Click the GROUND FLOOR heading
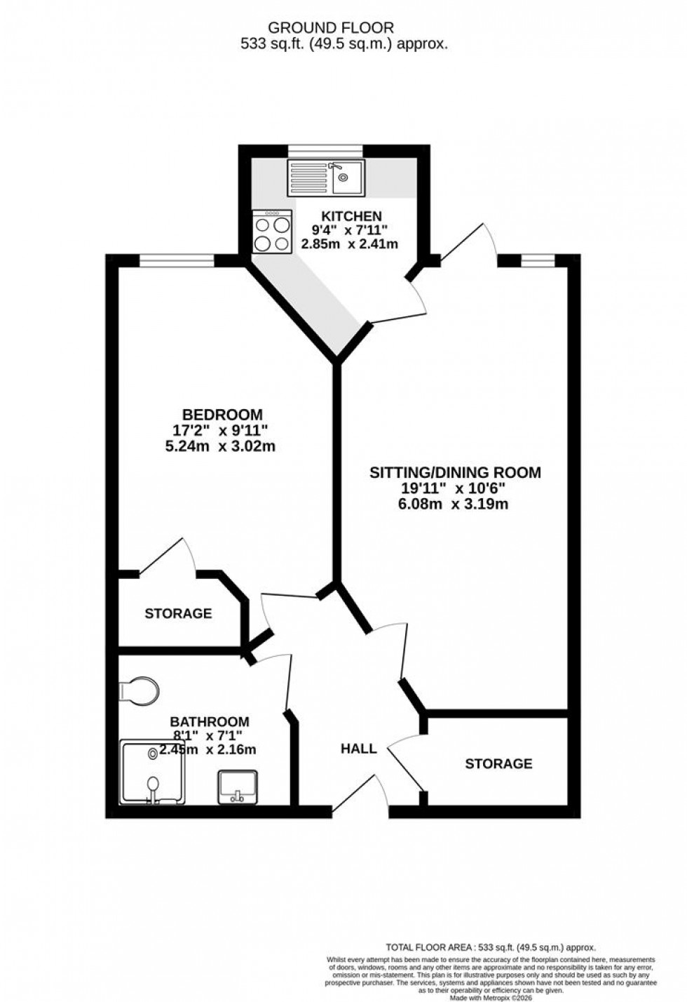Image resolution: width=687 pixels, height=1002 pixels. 332,28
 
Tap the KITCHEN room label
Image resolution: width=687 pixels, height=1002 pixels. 341,216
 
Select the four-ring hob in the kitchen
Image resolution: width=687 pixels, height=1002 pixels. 273,233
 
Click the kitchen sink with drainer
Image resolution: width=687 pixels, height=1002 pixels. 326,178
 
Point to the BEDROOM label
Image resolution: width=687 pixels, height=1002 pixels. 222,415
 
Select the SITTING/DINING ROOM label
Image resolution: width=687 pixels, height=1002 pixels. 455,472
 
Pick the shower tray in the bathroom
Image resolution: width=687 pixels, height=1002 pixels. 152,771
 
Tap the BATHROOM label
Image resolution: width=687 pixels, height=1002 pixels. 210,721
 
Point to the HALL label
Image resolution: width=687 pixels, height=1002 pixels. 358,749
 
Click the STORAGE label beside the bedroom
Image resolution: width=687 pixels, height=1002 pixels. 178,613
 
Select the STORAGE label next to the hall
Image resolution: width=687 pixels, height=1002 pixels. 498,763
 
